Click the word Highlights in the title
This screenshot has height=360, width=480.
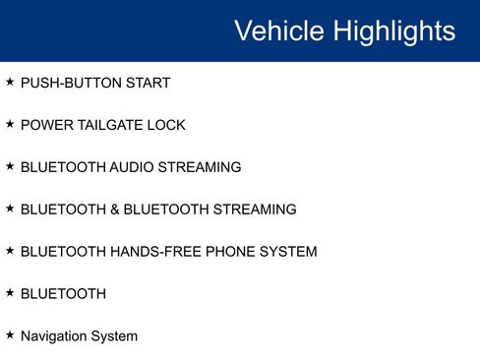(x=393, y=30)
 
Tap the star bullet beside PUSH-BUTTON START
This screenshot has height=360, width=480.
(x=10, y=83)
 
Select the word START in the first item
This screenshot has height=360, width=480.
(x=147, y=84)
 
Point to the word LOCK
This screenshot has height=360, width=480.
(x=167, y=126)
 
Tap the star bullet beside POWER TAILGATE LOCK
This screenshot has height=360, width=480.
(x=10, y=125)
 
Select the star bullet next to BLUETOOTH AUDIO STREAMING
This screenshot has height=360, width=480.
(x=10, y=167)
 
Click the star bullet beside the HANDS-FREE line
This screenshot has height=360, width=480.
(x=10, y=252)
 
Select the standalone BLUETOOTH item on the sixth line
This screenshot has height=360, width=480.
(x=63, y=294)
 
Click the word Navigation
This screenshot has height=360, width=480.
(x=54, y=336)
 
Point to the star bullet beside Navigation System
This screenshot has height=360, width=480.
(x=10, y=335)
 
